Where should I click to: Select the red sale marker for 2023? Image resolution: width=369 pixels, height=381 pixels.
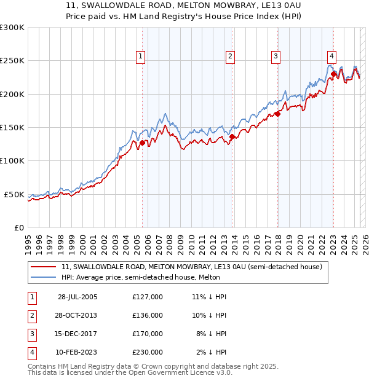(333, 74)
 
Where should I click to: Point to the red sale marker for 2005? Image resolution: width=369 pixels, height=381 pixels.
(143, 143)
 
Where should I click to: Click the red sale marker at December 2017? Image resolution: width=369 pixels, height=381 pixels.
(277, 114)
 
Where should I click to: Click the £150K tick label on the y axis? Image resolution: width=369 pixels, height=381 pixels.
(12, 127)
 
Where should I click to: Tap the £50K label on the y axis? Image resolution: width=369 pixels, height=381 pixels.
(15, 194)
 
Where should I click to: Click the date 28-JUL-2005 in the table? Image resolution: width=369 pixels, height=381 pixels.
(77, 297)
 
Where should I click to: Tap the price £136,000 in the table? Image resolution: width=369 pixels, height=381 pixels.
(147, 315)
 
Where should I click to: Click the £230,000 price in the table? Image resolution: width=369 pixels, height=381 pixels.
(147, 352)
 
